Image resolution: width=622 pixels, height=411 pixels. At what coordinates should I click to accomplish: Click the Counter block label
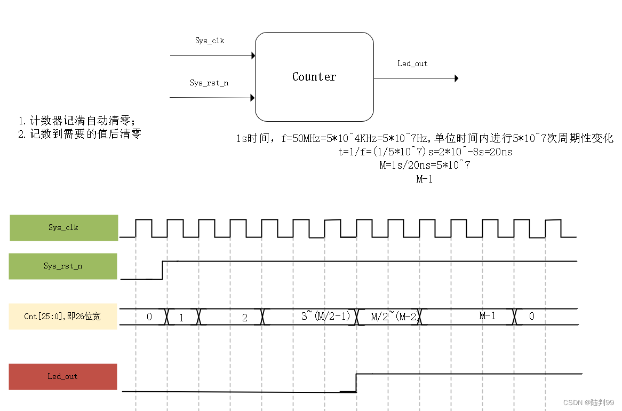coord(314,77)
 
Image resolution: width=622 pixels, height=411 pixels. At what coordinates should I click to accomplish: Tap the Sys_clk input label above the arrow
coord(210,41)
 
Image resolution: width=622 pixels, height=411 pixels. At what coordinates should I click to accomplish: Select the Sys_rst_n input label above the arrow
coord(209,83)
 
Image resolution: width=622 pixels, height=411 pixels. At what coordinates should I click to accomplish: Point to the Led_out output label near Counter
coord(412,64)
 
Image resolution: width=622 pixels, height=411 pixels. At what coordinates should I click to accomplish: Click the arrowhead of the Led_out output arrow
coord(456,78)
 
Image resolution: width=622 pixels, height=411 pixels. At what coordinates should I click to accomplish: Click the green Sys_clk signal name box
coord(63,228)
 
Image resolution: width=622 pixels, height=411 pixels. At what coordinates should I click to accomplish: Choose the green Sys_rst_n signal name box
coord(63,266)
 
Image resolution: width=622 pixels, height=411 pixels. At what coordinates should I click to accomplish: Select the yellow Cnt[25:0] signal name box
coord(63,317)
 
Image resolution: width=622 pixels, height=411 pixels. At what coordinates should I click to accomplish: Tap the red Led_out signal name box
coord(63,376)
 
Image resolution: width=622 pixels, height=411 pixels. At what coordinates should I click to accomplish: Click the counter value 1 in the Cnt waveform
coord(181,318)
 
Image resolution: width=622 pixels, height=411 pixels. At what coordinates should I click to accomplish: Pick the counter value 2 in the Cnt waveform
coord(245,318)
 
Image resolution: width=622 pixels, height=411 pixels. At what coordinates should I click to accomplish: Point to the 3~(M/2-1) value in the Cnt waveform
coord(325,316)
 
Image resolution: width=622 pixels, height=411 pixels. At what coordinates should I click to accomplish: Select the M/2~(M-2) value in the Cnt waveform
coord(393,317)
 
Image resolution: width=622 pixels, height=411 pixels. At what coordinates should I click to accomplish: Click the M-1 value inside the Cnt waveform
coord(488,316)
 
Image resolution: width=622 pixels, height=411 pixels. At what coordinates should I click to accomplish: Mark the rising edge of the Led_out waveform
coord(356,383)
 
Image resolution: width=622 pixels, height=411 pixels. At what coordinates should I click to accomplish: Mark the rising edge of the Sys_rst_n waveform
coord(162,270)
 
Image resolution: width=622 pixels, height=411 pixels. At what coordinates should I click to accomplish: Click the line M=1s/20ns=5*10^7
coord(425,165)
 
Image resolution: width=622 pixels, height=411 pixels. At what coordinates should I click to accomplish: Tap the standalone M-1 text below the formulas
coord(425,179)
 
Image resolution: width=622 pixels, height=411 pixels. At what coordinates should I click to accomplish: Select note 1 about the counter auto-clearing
coord(78,121)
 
